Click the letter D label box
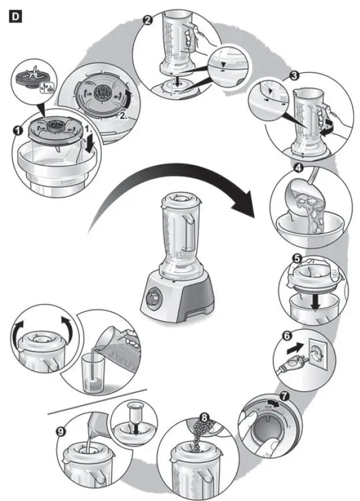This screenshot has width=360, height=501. tap(16, 17)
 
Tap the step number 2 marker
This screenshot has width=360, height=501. tap(148, 21)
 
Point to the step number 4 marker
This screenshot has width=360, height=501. tap(299, 169)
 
